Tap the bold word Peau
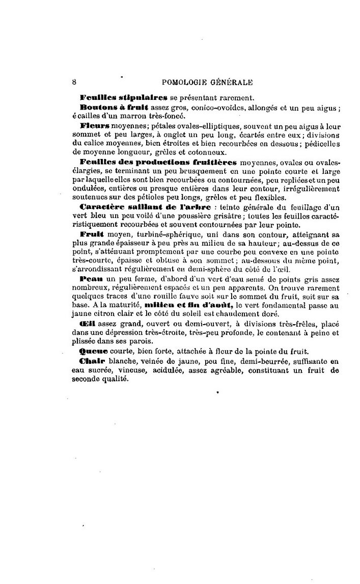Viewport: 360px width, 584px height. point(91,280)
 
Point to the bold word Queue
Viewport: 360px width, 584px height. point(93,352)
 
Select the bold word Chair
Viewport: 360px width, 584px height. point(92,361)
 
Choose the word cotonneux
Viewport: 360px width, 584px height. point(208,151)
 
